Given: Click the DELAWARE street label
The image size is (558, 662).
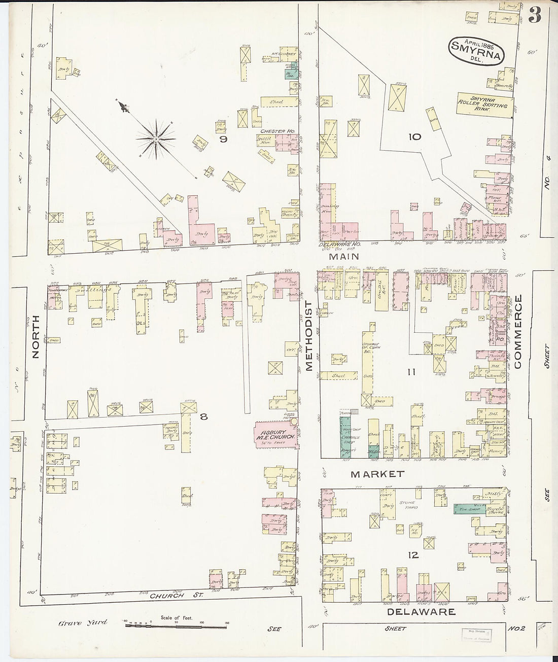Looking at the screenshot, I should [x=421, y=612].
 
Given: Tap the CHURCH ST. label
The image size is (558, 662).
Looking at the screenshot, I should [x=176, y=596].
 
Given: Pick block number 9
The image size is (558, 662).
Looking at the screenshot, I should [x=222, y=138].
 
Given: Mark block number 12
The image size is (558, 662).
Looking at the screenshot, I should [x=413, y=555].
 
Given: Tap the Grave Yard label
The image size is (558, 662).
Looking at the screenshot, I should [x=82, y=622].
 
